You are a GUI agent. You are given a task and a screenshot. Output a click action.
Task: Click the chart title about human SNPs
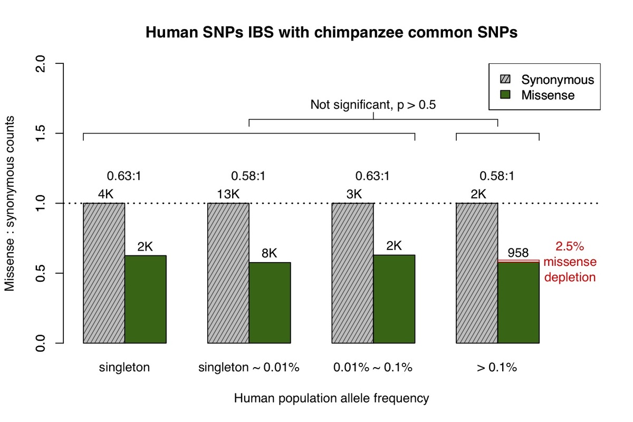[331, 33]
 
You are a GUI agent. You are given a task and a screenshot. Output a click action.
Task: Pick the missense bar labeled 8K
[270, 303]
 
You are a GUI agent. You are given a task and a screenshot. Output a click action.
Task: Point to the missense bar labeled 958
[518, 303]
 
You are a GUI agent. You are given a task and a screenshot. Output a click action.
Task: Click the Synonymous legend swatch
[505, 80]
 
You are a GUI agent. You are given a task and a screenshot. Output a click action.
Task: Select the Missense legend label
[548, 95]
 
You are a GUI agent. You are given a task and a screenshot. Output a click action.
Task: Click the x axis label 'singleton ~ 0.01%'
[249, 368]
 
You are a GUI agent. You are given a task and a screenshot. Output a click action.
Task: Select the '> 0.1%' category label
[497, 368]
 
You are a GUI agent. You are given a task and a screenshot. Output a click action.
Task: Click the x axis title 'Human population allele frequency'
[331, 398]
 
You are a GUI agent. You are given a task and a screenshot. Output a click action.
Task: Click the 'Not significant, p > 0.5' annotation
[373, 104]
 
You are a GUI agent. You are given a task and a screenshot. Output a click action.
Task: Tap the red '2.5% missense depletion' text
[570, 262]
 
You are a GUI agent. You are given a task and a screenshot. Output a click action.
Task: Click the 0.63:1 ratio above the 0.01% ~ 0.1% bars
[373, 176]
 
